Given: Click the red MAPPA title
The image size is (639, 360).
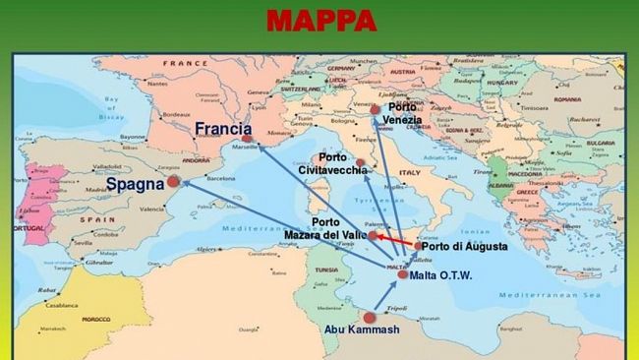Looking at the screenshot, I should coord(321,21).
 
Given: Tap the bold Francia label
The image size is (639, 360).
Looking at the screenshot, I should coord(222,129).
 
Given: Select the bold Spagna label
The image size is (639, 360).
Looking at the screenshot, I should coord(135,184).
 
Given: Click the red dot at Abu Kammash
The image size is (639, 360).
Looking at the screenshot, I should coord(370,318).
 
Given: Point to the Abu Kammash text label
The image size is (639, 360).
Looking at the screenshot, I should coord(362,330).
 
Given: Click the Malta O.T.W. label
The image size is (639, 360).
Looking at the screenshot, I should coord(441,275).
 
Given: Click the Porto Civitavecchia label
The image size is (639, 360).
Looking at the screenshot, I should coord(334,164).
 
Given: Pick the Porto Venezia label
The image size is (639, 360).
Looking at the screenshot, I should coord(402,113).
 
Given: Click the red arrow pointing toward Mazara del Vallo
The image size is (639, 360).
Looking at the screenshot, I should coord(393,240).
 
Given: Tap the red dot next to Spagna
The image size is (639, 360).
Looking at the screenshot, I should coord(173,182).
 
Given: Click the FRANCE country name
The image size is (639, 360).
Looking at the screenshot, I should coord(181,63).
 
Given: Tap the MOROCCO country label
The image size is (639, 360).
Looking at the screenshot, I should coord(95,319).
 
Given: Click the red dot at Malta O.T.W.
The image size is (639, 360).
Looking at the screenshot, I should coord(402,274).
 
